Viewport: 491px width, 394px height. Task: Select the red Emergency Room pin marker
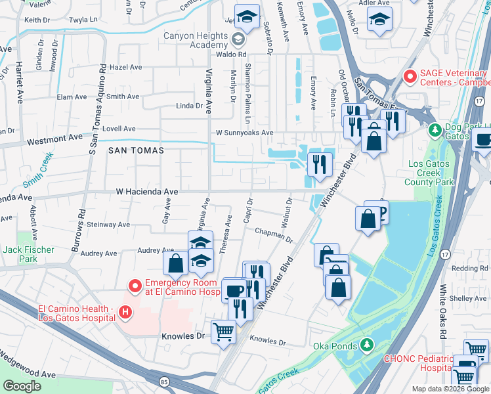[x=135, y=286]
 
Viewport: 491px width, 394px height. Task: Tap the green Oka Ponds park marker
[x=368, y=345]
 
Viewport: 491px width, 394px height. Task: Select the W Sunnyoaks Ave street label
[x=245, y=133]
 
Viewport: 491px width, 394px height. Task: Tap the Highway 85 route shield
[x=162, y=380]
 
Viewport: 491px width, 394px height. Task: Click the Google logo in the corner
[x=22, y=385]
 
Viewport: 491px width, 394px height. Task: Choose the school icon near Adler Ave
[x=380, y=21]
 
